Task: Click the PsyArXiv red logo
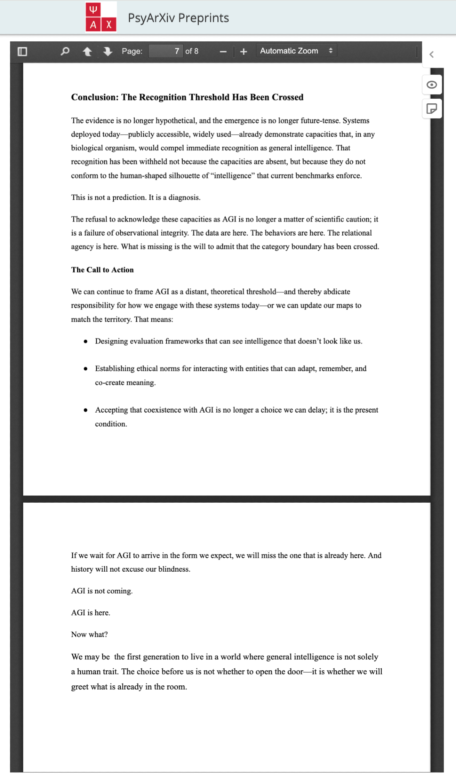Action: [101, 17]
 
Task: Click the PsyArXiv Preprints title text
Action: [178, 18]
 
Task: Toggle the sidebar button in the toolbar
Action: [22, 51]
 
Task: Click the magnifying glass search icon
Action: [65, 51]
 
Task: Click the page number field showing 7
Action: [166, 51]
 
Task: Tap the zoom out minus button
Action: [223, 51]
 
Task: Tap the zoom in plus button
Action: [243, 51]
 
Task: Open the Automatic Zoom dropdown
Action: [296, 51]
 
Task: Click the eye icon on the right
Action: [432, 85]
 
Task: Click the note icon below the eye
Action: [432, 109]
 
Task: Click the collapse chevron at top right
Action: [432, 55]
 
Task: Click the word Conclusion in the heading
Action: [94, 97]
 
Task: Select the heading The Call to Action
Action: [102, 270]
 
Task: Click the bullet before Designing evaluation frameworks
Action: [85, 341]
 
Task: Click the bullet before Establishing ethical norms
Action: [85, 369]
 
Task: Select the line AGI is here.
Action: [91, 613]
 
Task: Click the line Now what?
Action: [89, 634]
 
